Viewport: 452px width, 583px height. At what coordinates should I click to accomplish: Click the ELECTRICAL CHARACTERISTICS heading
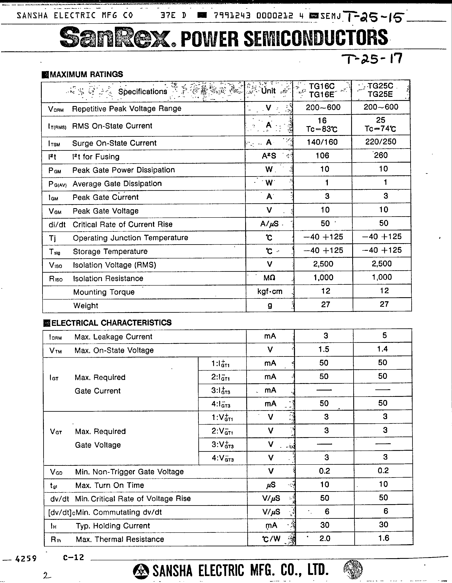coord(111,323)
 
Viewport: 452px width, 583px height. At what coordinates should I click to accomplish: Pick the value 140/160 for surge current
coord(322,142)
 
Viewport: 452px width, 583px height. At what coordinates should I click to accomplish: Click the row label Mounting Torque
coord(104,292)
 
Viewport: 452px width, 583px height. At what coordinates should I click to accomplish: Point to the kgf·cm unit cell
coord(270,291)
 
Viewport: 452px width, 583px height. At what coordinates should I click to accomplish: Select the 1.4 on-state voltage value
coord(382,349)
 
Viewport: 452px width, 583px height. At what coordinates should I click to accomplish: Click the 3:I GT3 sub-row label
coord(221,391)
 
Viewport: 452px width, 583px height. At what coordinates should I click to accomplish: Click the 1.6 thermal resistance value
coord(383,538)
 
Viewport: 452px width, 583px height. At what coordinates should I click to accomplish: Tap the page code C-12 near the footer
coord(74,557)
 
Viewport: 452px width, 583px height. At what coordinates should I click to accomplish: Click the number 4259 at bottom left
coord(26,558)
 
